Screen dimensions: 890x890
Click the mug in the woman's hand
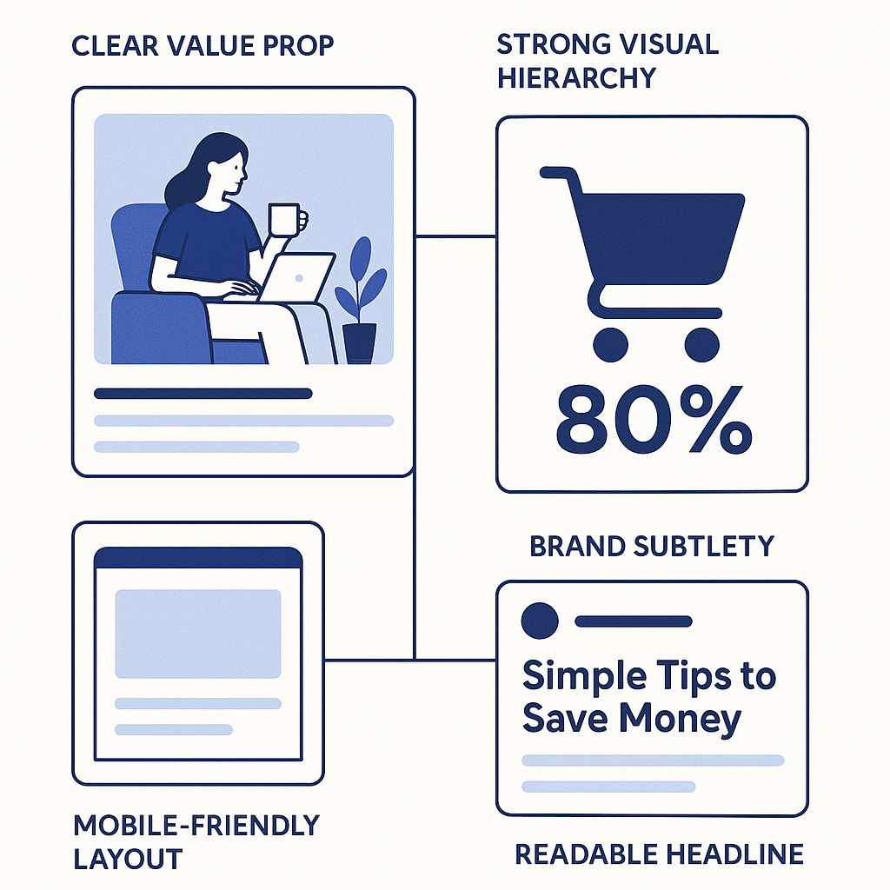click(284, 219)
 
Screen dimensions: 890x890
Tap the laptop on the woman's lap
click(297, 278)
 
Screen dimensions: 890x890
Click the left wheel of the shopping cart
click(610, 345)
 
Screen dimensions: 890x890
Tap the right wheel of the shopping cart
click(702, 345)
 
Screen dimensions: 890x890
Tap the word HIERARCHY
click(575, 78)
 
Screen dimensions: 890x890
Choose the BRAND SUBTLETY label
click(651, 546)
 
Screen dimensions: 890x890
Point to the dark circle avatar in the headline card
click(539, 621)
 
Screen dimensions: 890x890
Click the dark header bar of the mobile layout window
click(197, 558)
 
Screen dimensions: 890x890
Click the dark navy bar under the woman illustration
click(203, 394)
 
